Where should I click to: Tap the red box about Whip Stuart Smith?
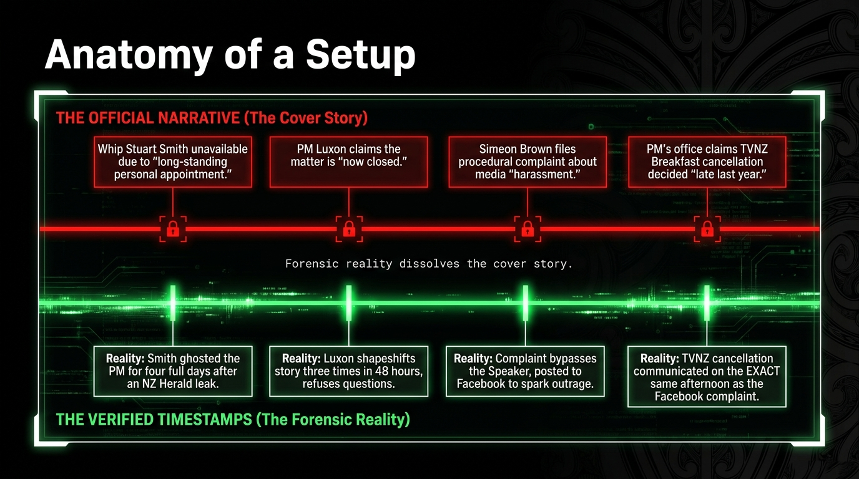click(173, 162)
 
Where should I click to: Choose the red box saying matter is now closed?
click(348, 162)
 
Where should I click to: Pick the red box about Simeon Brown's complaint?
click(528, 162)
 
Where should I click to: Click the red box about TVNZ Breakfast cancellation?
click(706, 162)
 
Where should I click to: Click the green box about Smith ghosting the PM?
click(173, 371)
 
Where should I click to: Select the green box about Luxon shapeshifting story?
click(348, 371)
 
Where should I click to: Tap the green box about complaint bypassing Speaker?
click(525, 371)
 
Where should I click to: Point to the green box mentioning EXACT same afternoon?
click(706, 377)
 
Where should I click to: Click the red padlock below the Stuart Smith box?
click(173, 229)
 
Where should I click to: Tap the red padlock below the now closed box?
click(348, 229)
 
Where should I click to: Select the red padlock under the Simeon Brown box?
click(528, 229)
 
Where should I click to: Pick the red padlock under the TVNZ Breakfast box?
click(707, 229)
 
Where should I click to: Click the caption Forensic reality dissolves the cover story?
click(429, 264)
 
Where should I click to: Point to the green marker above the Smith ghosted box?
click(173, 302)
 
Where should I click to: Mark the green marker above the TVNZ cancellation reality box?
click(707, 302)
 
